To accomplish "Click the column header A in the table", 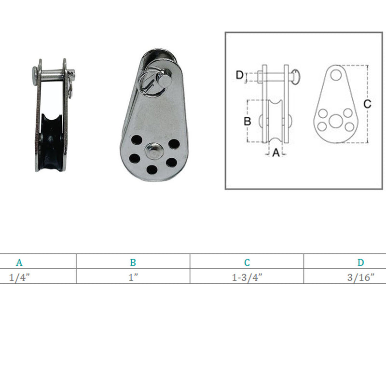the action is (x=19, y=262).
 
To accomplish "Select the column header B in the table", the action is (x=133, y=262).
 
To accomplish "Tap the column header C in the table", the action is (x=247, y=262).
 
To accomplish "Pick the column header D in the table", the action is (x=360, y=262).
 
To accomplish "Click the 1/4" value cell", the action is (x=19, y=277).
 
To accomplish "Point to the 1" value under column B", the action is (x=133, y=277).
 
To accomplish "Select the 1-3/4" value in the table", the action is (x=247, y=277).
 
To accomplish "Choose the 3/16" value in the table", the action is (x=360, y=277).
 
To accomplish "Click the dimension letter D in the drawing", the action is (x=239, y=75).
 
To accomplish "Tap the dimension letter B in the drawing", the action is (x=247, y=121).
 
